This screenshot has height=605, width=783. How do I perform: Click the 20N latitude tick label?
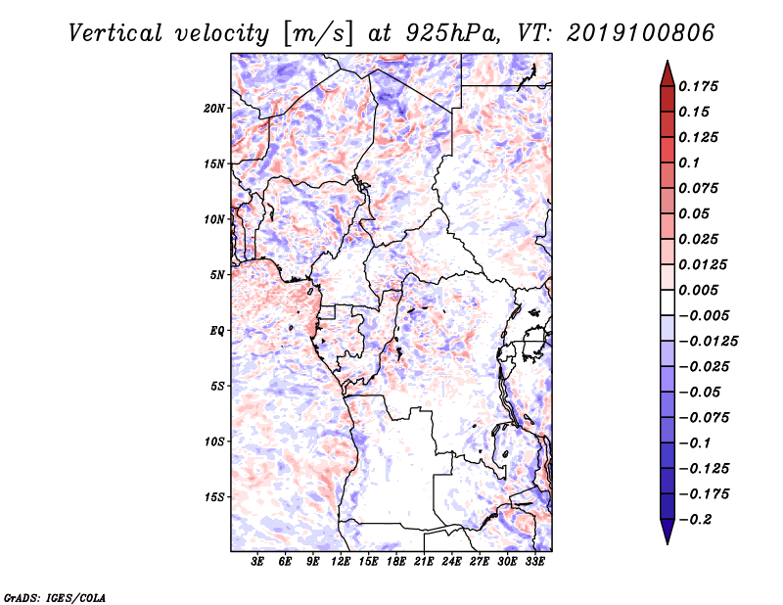coord(214,109)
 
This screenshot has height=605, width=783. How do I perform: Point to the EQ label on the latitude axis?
coord(217,331)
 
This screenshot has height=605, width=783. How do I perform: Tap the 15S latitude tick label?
coord(214,497)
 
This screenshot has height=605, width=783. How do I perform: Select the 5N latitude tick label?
coord(217,275)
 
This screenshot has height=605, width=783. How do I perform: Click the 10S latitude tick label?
coord(214,442)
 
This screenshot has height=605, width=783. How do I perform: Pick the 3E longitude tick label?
coord(257,562)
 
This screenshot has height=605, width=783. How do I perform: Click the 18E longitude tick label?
coord(396,562)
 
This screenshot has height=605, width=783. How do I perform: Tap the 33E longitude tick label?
coord(534,562)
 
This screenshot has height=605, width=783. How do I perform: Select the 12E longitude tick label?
coord(341,562)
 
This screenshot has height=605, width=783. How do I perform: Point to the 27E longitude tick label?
coord(480,562)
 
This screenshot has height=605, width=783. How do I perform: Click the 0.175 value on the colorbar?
coord(698,86)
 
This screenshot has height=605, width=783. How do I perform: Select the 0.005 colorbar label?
coord(698,290)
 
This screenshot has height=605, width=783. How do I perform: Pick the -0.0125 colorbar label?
coord(708,342)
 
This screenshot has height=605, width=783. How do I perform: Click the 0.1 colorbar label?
coord(689,163)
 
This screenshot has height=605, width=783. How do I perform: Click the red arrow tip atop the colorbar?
coord(668,62)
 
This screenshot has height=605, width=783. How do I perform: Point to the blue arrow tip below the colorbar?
coord(668,543)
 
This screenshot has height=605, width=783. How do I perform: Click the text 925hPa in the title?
coord(452,33)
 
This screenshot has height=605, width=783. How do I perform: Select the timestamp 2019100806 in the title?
coord(641,33)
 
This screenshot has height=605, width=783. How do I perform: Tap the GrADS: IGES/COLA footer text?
coord(55,597)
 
